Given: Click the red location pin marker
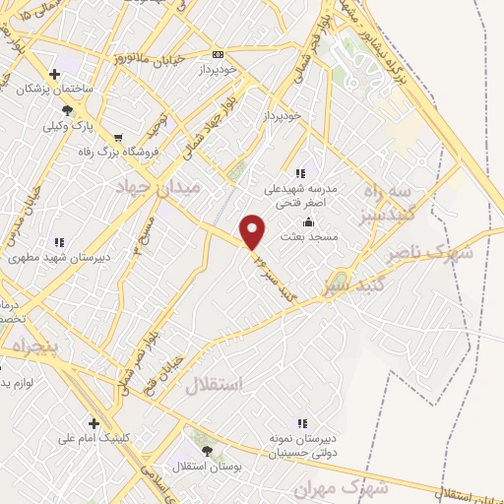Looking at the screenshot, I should tap(254, 230).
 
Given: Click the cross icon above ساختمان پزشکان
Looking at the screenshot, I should tap(67, 74).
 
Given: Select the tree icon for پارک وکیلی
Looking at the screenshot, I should tap(67, 110).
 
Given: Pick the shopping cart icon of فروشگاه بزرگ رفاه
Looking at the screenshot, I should tap(119, 137).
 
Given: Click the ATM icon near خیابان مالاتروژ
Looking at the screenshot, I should tap(218, 54).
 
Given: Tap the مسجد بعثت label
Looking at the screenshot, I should tap(309, 236).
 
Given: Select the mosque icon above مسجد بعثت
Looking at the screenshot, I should tap(309, 220).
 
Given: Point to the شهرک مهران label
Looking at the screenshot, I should tap(351, 488).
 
